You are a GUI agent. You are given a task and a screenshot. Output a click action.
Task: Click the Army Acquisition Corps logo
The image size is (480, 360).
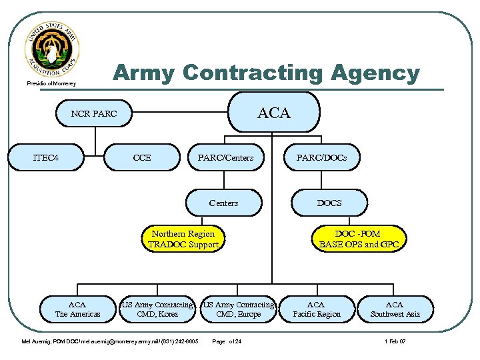52,50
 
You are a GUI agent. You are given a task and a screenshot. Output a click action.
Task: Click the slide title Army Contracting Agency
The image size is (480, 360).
266,73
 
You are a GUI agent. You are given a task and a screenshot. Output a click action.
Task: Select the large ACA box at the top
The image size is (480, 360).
274,113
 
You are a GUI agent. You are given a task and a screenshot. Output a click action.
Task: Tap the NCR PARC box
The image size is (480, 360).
94,114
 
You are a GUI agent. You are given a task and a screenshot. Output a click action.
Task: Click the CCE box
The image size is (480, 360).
142,158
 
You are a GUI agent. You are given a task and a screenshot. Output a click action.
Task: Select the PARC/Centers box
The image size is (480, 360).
225,158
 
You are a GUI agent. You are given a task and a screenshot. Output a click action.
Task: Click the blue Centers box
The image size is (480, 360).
223,203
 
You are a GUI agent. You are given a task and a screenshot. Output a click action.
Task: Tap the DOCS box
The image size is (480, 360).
329,203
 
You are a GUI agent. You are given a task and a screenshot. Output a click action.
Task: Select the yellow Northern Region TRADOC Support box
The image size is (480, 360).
183,239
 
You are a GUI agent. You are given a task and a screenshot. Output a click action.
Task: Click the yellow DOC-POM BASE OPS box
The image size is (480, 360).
359,239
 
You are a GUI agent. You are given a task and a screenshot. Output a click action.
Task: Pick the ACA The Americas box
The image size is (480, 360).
77,309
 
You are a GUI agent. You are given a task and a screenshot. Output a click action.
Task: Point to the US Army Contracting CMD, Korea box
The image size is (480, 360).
157,309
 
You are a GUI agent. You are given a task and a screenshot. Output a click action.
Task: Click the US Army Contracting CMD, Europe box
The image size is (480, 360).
239,309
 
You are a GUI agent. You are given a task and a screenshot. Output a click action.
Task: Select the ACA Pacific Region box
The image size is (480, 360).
316,309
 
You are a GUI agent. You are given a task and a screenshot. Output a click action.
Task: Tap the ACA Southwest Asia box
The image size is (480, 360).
395,309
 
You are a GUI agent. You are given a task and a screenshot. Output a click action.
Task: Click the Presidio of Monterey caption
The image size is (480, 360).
52,83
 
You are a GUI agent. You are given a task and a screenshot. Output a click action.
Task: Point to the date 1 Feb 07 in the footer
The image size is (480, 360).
395,342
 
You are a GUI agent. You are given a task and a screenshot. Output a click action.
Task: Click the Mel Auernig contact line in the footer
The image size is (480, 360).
111,342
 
